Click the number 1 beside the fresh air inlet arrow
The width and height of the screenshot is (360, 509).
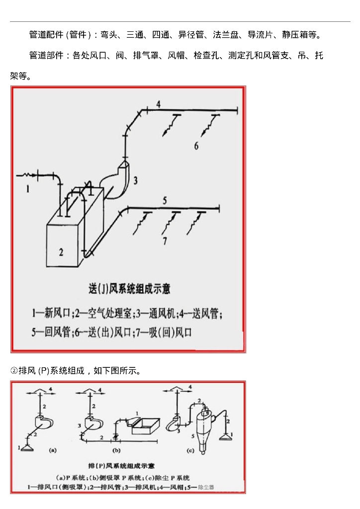[x=28, y=188]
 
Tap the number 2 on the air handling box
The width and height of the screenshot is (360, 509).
[x=61, y=252]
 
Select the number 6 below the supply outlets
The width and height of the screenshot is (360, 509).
[x=196, y=146]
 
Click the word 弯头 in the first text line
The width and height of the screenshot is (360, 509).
[x=108, y=35]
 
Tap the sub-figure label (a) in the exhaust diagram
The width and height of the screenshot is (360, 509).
[x=53, y=450]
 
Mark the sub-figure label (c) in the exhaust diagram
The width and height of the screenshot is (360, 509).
[x=190, y=450]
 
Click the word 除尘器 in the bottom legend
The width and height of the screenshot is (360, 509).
[x=205, y=487]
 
